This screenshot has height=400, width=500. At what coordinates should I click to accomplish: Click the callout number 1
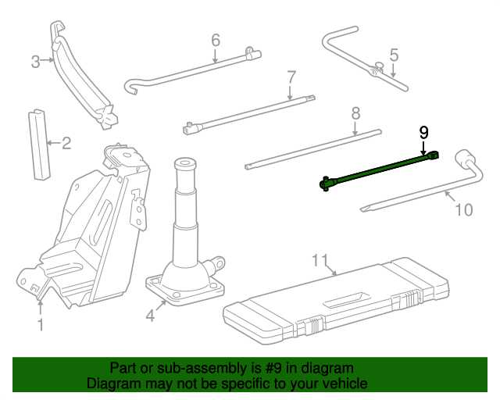pos(41,323)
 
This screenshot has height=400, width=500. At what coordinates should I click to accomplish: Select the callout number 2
pos(66,143)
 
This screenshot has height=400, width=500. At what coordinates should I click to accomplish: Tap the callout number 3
pos(35,62)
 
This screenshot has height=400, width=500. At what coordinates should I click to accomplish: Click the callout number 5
pos(394,55)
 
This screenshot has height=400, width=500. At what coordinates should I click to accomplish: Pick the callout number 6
pos(216,40)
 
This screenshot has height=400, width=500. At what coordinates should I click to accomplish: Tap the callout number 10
pos(463,209)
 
